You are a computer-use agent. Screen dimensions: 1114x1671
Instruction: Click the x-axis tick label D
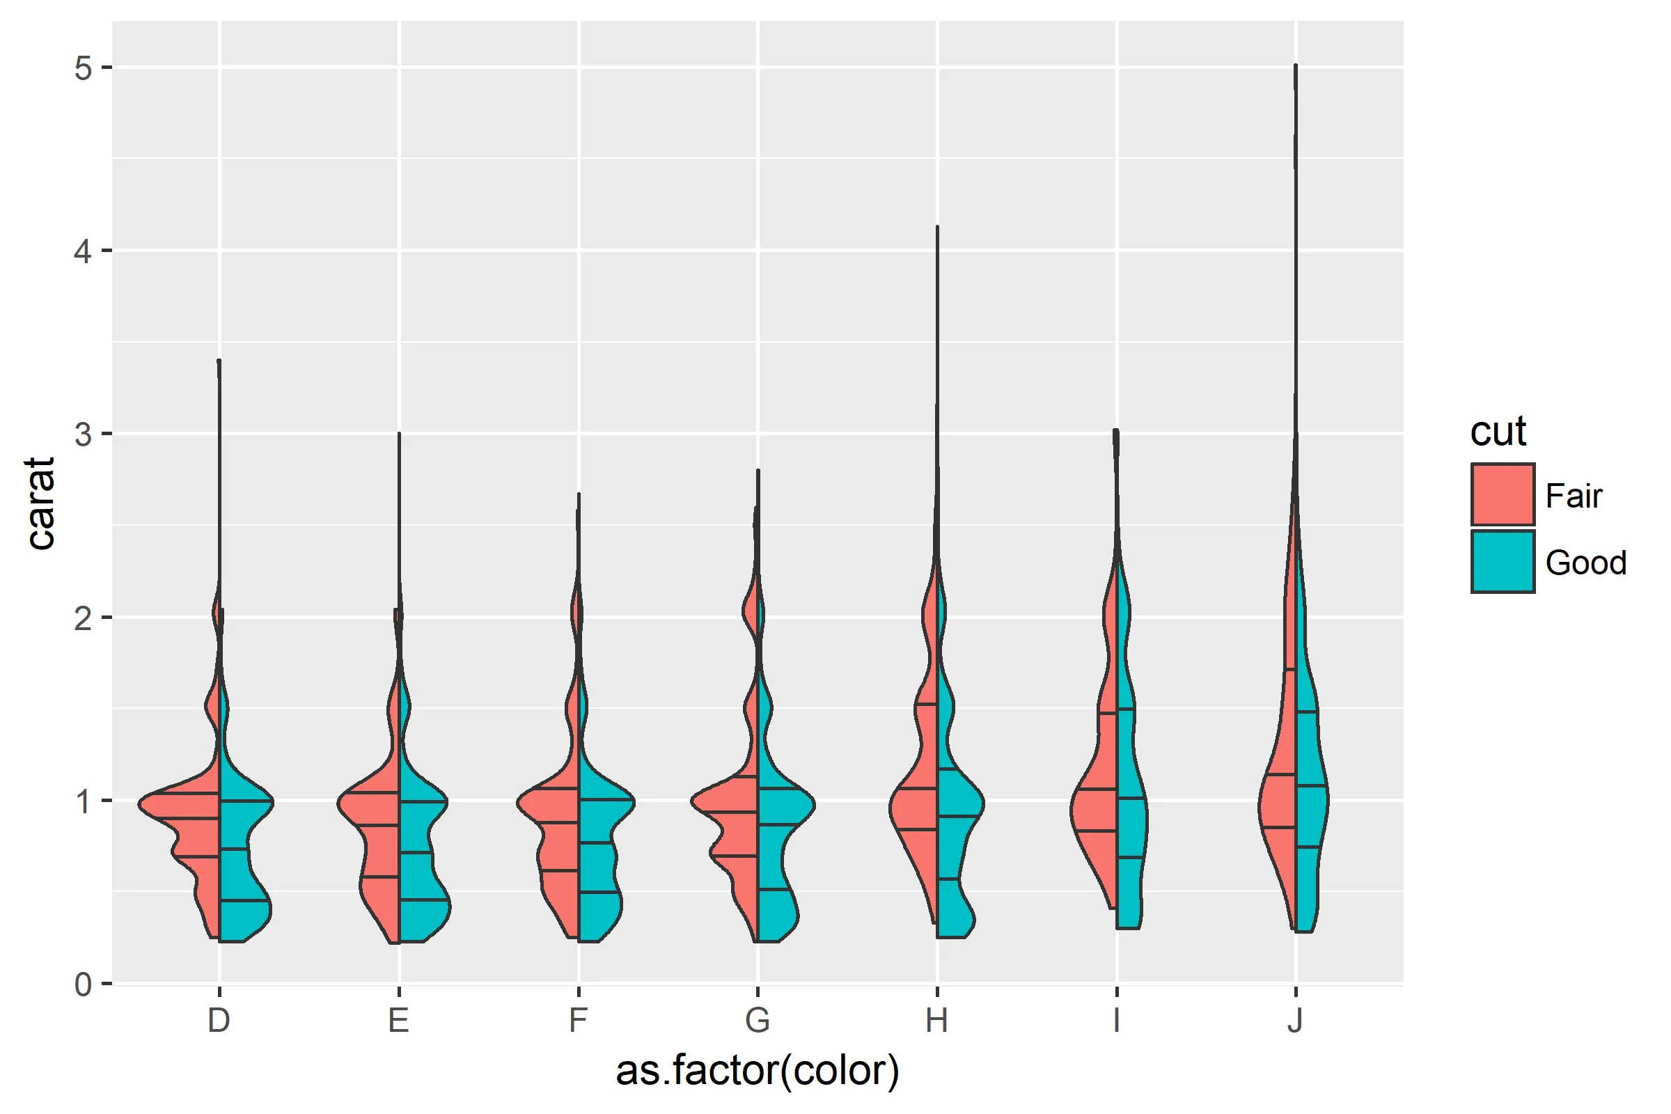(219, 1021)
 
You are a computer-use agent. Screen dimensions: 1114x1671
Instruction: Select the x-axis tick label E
(398, 1021)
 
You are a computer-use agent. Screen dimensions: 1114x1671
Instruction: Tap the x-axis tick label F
(579, 1021)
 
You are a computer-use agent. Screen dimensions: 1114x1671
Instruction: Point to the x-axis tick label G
(758, 1021)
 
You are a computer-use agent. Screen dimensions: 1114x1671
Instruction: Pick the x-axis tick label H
(937, 1021)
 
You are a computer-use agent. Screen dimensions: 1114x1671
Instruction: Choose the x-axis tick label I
(1117, 1021)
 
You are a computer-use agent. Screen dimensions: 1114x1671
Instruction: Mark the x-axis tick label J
(1296, 1021)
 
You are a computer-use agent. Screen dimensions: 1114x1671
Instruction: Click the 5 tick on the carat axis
(84, 68)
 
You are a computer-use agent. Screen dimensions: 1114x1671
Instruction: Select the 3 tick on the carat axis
(84, 434)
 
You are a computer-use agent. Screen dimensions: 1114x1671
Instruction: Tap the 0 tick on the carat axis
(84, 984)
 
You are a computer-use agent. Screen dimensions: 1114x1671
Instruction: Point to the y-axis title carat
(41, 503)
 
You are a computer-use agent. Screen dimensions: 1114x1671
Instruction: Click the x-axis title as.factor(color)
(758, 1072)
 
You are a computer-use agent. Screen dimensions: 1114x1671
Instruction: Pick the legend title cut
(1498, 431)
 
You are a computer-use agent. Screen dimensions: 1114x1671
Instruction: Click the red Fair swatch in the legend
(1503, 494)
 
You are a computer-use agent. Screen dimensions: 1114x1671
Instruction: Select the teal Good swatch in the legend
(1503, 561)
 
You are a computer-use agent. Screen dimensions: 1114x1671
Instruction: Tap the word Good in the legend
(1586, 563)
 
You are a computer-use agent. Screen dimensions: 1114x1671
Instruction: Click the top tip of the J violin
(1296, 67)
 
